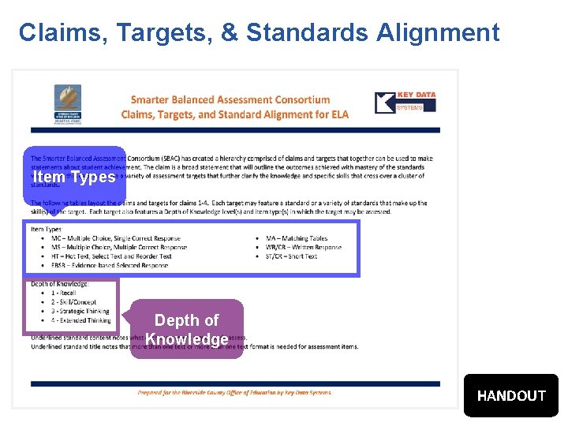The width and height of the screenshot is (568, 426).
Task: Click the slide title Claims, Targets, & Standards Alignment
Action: [x=259, y=32]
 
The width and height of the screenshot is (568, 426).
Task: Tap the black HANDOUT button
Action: [x=511, y=395]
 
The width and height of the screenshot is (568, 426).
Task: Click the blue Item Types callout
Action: [x=74, y=177]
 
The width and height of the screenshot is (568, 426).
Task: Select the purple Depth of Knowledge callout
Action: [x=187, y=330]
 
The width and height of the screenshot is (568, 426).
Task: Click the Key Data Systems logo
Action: [x=405, y=103]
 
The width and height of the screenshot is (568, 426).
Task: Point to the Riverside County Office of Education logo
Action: [x=67, y=103]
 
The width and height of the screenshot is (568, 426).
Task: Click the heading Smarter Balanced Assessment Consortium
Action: [x=230, y=100]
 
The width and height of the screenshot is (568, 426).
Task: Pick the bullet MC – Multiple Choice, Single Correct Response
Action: [x=115, y=238]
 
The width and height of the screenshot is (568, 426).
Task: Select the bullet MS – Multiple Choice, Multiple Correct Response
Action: [x=119, y=247]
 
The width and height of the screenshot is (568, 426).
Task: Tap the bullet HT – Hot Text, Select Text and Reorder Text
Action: [x=111, y=256]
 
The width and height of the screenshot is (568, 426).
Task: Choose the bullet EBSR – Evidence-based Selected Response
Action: [x=110, y=266]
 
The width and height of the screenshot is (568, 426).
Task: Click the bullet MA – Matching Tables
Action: [x=296, y=238]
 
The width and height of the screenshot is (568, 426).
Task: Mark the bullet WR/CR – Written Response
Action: [x=304, y=247]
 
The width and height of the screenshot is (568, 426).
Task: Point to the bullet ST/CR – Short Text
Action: [x=291, y=256]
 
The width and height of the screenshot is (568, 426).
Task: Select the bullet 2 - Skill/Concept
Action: [x=73, y=302]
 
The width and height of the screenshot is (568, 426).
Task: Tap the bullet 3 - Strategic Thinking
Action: [x=80, y=312]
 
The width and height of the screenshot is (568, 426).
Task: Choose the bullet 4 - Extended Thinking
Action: [x=80, y=321]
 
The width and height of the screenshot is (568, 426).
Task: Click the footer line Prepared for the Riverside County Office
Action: [x=234, y=392]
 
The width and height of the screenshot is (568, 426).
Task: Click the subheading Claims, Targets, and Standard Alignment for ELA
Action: [x=235, y=114]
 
